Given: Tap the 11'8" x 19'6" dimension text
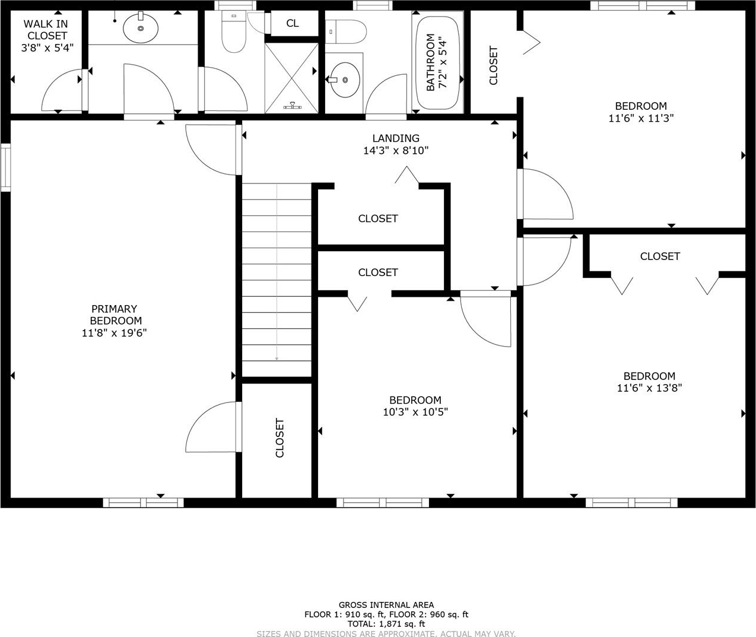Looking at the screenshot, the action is [x=114, y=332].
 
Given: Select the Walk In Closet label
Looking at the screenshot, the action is [x=46, y=30].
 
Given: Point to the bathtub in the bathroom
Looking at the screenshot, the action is [x=438, y=62].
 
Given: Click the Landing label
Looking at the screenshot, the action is [x=396, y=138].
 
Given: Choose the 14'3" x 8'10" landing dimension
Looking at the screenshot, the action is [x=396, y=150].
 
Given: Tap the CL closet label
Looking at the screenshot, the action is [x=292, y=23].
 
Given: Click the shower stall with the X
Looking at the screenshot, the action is [x=291, y=78].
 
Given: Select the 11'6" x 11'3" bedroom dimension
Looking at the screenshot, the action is [x=641, y=118].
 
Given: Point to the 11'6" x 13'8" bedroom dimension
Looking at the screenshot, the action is [x=649, y=388].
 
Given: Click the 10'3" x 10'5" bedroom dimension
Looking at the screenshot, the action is [x=415, y=412].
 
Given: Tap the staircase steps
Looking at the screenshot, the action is [x=277, y=280].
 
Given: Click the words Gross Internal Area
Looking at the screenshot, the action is [x=386, y=605].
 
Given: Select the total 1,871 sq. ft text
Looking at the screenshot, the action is [x=386, y=624].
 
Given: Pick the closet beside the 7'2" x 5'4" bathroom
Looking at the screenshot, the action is [x=494, y=65].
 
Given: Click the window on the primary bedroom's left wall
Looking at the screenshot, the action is [x=5, y=167].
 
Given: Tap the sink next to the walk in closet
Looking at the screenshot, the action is [x=141, y=27].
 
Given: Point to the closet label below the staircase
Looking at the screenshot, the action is [x=279, y=438].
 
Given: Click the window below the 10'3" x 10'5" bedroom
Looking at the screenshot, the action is [x=383, y=503].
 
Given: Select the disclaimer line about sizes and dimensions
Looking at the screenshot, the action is [x=386, y=633].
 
